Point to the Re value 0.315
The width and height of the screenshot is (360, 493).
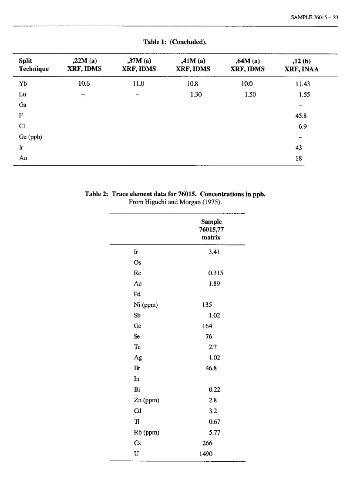click(x=216, y=273)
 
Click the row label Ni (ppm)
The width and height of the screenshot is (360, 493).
click(x=145, y=305)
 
